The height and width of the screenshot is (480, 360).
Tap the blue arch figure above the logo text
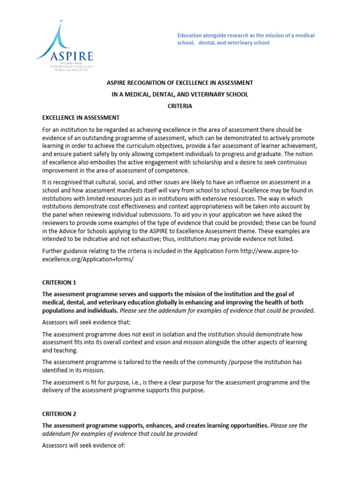(57, 35)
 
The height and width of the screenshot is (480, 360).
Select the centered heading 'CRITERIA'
(180, 106)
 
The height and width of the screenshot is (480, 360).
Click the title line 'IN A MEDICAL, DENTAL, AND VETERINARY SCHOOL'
(180, 94)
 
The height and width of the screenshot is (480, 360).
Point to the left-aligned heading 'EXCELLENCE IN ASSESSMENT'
(81, 118)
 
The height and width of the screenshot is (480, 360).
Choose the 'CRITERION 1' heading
(59, 283)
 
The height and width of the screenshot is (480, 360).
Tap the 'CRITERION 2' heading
(59, 414)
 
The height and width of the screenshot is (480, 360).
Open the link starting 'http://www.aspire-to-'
(270, 251)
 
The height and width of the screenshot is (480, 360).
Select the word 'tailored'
(120, 362)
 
